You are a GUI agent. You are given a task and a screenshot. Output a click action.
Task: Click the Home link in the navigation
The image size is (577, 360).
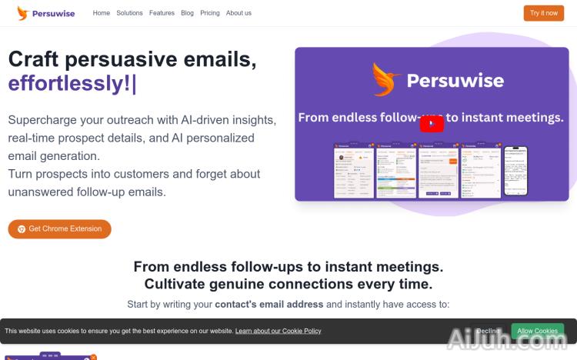(x=101, y=13)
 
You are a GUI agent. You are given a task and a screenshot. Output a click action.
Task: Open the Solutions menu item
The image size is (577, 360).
(x=129, y=13)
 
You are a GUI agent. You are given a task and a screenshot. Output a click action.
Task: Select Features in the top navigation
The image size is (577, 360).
(x=162, y=13)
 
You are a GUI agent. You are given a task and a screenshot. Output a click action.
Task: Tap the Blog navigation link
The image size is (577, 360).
(x=187, y=13)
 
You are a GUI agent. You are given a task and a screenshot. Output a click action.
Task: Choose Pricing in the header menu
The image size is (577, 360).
(x=209, y=13)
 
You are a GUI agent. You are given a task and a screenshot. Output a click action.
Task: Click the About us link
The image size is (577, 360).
(x=238, y=13)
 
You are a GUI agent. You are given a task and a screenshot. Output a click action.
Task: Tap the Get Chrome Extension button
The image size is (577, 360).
(x=59, y=228)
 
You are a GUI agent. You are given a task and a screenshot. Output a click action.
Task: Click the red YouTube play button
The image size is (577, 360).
(x=432, y=123)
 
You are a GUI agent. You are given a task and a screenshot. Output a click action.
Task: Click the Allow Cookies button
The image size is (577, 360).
(x=537, y=331)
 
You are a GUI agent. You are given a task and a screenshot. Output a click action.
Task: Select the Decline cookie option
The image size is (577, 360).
(x=489, y=331)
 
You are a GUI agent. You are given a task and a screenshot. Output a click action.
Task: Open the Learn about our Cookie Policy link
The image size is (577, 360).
(x=278, y=331)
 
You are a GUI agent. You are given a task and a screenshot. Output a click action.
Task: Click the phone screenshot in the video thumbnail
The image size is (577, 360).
(x=515, y=170)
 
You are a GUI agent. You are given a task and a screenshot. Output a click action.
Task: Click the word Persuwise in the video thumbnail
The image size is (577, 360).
(x=455, y=81)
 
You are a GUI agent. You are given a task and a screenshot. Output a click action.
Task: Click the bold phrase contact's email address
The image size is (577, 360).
(x=268, y=305)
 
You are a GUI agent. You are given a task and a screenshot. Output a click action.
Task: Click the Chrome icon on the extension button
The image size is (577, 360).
(x=22, y=228)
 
